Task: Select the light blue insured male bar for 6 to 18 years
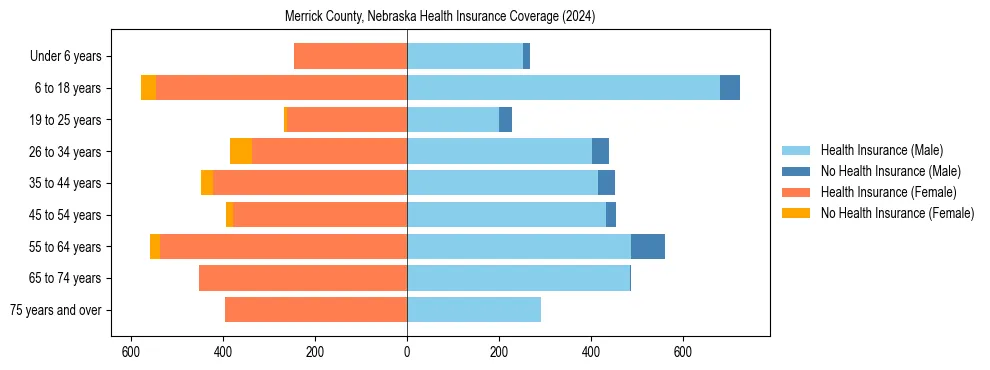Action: click(563, 88)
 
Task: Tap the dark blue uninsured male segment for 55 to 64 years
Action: click(648, 246)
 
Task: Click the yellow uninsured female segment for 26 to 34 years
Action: click(241, 151)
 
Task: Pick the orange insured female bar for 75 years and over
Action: click(316, 310)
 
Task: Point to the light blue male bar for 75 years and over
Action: click(474, 310)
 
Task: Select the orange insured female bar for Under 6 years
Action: click(350, 56)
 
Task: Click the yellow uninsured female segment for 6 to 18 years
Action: click(148, 88)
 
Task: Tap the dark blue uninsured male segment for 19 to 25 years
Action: click(505, 120)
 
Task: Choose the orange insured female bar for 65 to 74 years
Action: click(303, 278)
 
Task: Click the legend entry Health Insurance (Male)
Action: click(881, 150)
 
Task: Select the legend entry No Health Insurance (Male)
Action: click(890, 171)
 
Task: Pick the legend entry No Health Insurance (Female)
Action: click(897, 213)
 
